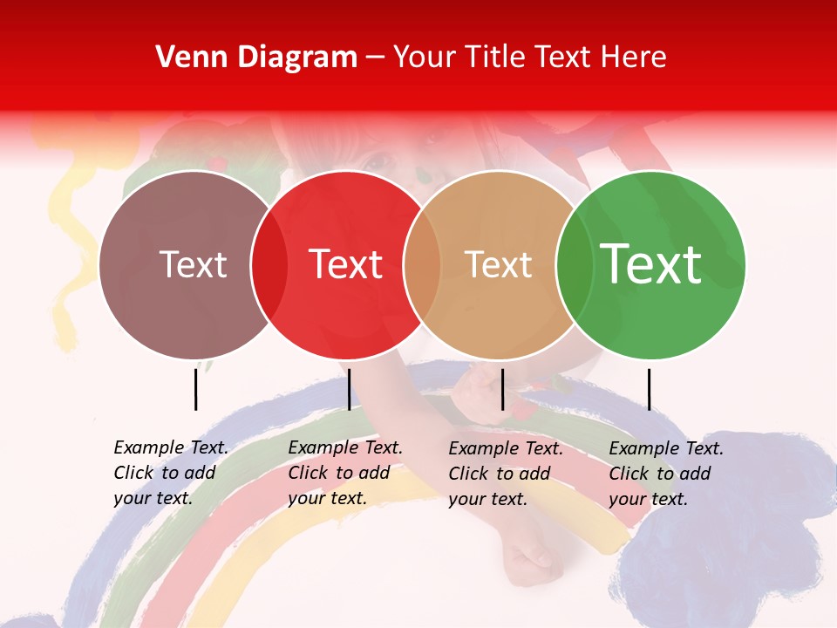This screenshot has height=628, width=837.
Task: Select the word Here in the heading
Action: (x=634, y=58)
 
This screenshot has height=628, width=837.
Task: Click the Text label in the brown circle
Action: (x=193, y=265)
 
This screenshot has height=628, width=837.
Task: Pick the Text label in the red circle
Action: (x=346, y=265)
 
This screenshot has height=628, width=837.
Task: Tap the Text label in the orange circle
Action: (x=498, y=265)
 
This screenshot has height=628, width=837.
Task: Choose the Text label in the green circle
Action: (x=651, y=264)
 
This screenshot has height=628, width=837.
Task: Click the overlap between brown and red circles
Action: (x=269, y=265)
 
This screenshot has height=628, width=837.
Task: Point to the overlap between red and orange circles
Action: (x=422, y=265)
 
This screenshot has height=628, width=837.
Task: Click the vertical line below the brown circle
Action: (x=195, y=389)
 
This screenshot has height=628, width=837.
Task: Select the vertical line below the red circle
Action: (x=349, y=389)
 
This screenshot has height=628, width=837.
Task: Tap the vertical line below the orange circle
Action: (x=502, y=389)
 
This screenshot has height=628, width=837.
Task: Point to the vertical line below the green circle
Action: (x=649, y=389)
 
